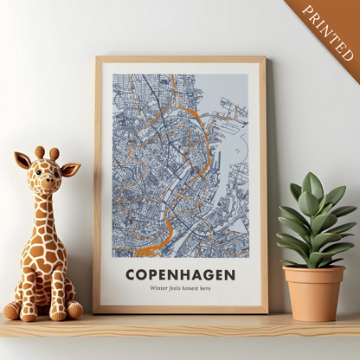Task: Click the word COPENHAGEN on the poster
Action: pos(180,275)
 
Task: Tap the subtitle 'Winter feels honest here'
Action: pos(180,288)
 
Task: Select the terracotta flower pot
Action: pos(314,292)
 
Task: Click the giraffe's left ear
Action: pos(22,160)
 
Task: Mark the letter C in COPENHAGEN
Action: pos(132,275)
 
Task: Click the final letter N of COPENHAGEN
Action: pos(229,275)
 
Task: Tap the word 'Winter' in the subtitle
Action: pos(160,288)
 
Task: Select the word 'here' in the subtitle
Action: pos(204,288)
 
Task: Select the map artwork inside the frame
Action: pos(180,164)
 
